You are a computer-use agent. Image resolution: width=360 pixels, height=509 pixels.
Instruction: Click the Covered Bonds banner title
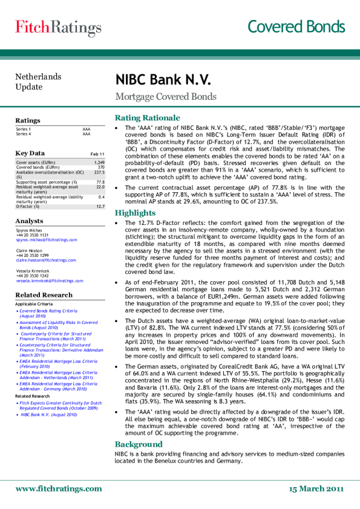point(296,27)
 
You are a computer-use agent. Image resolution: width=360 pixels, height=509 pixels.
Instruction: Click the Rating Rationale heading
point(148,117)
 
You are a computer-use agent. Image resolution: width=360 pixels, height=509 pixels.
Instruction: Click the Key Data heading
point(30,154)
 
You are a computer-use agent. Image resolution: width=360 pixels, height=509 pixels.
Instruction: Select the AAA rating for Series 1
point(86,129)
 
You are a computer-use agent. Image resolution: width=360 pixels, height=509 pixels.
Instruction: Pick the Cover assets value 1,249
point(100,163)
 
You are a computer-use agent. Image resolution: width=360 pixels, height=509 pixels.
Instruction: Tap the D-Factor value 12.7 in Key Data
point(100,207)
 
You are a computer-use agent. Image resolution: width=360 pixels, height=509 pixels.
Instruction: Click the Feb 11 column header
point(97,155)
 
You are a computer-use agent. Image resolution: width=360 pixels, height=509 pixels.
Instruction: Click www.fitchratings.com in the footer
point(59,488)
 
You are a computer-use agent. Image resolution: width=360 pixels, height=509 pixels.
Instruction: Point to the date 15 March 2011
point(316,488)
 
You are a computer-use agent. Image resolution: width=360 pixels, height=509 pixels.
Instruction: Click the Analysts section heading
point(29,221)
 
